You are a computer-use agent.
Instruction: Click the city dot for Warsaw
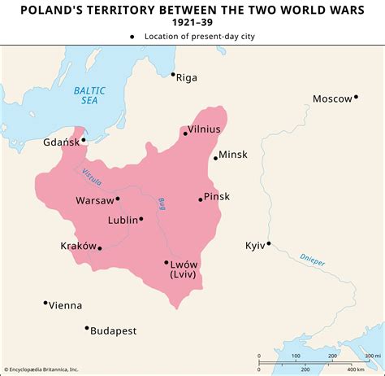(118, 199)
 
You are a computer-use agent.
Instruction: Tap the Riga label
(187, 78)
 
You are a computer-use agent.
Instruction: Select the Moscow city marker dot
(356, 98)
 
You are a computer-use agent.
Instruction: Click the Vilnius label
(204, 129)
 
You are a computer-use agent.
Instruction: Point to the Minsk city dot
(215, 158)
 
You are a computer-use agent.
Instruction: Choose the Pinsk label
(217, 196)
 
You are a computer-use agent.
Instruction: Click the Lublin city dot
(141, 218)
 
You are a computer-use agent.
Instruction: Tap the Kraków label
(78, 245)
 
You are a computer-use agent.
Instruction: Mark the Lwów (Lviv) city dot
(167, 262)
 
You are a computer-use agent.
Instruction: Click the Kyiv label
(255, 246)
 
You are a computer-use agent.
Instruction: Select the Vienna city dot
(45, 304)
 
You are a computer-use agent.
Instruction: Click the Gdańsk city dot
(84, 140)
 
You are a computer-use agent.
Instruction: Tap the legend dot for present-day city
(132, 37)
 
